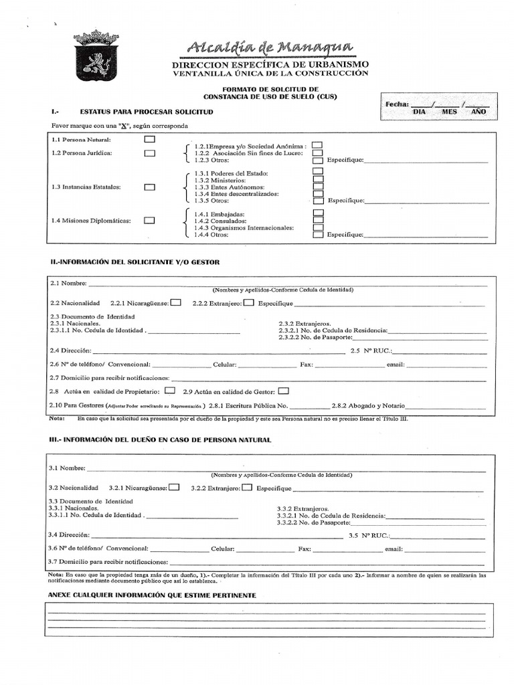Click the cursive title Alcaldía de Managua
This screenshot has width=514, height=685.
tap(270, 47)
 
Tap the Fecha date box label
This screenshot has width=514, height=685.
tap(396, 104)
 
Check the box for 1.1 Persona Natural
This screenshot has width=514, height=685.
tap(150, 140)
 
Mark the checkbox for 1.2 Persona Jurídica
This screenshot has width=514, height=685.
tap(150, 153)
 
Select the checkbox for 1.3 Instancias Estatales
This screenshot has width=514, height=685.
tap(150, 187)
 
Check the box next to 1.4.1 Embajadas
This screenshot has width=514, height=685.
tap(319, 213)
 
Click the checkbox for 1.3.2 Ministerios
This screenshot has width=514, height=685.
tap(319, 180)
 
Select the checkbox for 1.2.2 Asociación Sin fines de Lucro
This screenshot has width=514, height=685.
tap(317, 153)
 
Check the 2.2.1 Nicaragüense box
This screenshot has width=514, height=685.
tap(175, 302)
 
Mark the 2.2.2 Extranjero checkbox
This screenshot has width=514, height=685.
tap(248, 302)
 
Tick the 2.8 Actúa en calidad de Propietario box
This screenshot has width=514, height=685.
tap(170, 391)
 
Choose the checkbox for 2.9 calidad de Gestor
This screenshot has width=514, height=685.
tap(284, 391)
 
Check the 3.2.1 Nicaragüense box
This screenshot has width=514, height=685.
tap(174, 488)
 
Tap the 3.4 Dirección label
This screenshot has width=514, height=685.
tap(69, 536)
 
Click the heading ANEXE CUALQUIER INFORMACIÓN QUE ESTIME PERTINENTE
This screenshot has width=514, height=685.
tap(152, 595)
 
